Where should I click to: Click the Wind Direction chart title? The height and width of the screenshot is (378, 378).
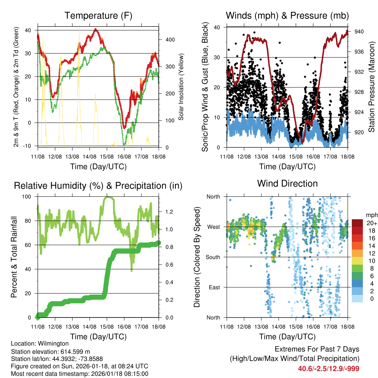tap(287, 183)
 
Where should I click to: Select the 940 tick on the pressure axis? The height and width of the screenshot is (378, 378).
tap(359, 32)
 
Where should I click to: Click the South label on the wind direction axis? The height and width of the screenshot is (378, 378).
tap(213, 257)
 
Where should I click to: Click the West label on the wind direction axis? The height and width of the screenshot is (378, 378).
tap(214, 227)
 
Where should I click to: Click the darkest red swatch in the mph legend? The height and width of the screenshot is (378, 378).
tap(357, 223)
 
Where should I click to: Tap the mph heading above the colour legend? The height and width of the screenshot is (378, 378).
tap(371, 214)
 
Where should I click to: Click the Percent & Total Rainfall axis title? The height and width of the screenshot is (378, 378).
tap(14, 257)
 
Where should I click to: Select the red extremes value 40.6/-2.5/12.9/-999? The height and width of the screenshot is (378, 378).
tap(329, 368)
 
